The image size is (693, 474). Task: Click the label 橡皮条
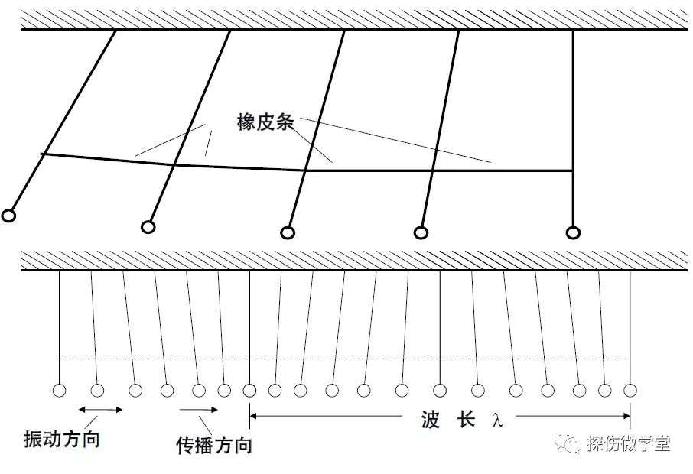pos(265,122)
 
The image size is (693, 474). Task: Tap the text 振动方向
pos(62,439)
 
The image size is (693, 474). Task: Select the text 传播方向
pos(214,445)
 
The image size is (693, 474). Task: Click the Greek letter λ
pos(498,420)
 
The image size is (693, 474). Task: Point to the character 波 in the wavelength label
pos(431,419)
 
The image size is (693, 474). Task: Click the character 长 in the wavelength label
pos(467,419)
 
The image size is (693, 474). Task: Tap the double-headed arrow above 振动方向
pos(100,410)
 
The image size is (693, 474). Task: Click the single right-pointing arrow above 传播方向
pos(198,410)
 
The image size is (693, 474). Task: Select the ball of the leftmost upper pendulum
pos(8,216)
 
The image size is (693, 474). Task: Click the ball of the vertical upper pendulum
pos(573,232)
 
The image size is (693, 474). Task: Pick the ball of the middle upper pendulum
pos(288,232)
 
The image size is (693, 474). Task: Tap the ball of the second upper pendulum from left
pos(148,227)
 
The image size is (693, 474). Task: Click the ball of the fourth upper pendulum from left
pos(421,232)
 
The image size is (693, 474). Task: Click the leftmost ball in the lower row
pos(59,391)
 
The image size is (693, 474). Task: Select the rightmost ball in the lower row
pos(630,391)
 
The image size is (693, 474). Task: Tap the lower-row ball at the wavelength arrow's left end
pos(249,391)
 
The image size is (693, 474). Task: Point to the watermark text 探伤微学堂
pos(629,443)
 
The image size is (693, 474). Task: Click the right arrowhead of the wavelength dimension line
pos(626,416)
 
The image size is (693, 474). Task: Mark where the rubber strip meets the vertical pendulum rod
pos(573,170)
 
